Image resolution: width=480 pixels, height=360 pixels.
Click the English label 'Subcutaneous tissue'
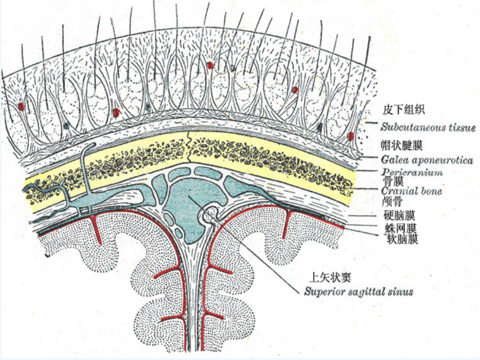tap(428, 127)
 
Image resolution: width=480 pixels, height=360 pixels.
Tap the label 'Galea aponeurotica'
tap(426, 160)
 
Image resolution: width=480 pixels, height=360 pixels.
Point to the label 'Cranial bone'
tap(411, 191)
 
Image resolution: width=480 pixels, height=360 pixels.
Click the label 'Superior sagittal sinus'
tap(358, 291)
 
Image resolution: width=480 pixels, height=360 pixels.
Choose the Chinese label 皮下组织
tap(404, 109)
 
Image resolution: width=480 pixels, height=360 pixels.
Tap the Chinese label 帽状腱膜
tap(401, 145)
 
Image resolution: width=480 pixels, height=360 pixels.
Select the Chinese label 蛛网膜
tap(401, 228)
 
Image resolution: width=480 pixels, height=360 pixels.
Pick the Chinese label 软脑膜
tap(402, 239)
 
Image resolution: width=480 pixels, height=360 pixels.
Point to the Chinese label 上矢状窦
tap(329, 277)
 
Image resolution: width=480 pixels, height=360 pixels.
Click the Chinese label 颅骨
tap(392, 201)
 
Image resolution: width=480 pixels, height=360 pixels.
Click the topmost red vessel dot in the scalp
tap(209, 65)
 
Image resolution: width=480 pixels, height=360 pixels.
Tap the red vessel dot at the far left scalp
tap(21, 106)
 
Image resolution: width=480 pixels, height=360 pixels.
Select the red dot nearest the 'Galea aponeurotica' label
tap(351, 136)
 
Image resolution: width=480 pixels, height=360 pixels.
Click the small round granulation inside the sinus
tap(210, 213)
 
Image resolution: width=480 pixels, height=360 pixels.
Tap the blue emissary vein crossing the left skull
tap(84, 171)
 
